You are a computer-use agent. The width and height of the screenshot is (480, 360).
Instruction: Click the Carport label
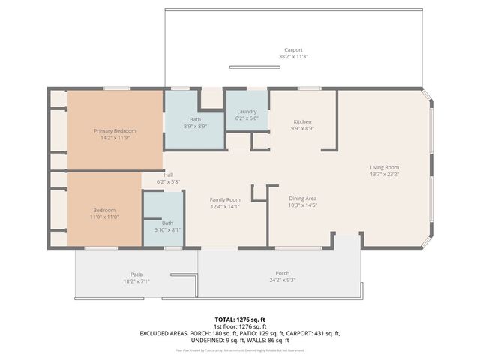[293, 50]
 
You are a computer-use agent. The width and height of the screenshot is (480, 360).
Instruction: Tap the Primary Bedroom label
[115, 131]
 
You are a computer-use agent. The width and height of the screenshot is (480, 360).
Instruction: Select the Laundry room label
[247, 111]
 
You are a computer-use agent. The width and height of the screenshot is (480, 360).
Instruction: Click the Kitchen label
[303, 121]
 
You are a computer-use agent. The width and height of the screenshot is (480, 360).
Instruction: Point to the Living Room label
[384, 167]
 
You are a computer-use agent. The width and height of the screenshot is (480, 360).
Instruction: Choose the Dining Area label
[303, 199]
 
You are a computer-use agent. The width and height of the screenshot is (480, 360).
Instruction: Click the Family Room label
[224, 199]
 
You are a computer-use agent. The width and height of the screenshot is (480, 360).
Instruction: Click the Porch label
[282, 273]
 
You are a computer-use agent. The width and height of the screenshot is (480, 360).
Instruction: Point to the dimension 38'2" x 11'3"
[293, 57]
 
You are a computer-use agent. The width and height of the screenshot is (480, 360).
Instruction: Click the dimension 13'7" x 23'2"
[384, 174]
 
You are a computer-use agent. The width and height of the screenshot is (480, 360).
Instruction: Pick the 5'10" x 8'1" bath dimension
[167, 230]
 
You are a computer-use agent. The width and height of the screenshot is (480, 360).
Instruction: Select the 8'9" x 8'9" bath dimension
[195, 127]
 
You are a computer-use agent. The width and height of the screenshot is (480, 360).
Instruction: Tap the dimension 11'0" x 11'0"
[105, 217]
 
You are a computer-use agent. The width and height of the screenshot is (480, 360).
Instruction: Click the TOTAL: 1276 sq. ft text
[240, 319]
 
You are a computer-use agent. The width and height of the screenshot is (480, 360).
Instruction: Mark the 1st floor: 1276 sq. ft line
[240, 326]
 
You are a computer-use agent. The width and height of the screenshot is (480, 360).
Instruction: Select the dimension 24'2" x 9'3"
[282, 280]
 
